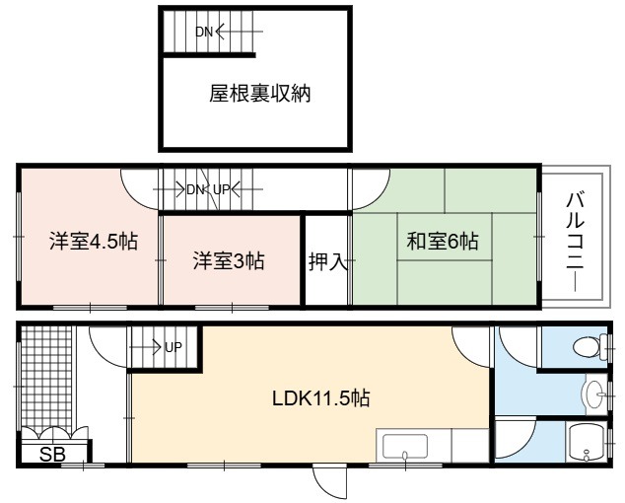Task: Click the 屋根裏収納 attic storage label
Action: [x=260, y=94]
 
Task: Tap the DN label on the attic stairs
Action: [x=204, y=32]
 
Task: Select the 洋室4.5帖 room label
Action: [x=94, y=242]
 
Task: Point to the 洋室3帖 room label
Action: [x=229, y=260]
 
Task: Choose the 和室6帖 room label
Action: [x=443, y=241]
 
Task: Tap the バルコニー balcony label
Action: [x=575, y=242]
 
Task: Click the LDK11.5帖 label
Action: [x=320, y=398]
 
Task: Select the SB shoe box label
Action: [x=52, y=454]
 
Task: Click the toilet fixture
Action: [x=590, y=346]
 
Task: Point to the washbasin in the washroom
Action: [x=593, y=395]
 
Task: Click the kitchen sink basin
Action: [x=404, y=447]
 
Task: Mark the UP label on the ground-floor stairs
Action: [x=173, y=348]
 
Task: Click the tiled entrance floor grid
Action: [x=46, y=378]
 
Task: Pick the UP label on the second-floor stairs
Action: [x=222, y=189]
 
